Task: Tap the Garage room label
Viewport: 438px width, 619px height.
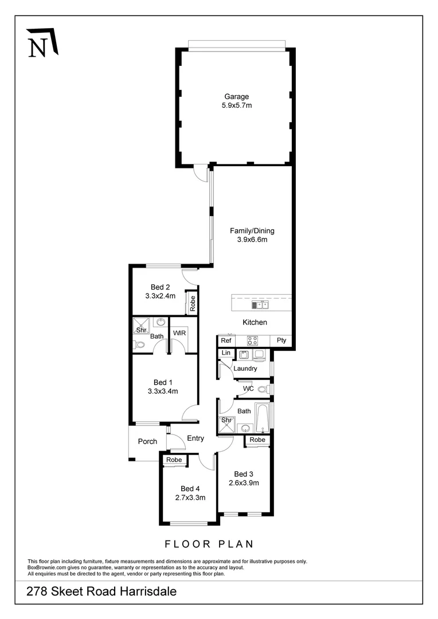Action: tap(236, 97)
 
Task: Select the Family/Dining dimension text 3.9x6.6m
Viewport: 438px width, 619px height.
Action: tap(252, 240)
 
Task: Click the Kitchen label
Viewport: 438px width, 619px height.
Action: tap(255, 323)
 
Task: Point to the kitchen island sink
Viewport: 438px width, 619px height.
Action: tap(259, 304)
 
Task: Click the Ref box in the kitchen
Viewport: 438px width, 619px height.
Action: tap(226, 340)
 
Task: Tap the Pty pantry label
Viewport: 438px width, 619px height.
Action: tap(281, 340)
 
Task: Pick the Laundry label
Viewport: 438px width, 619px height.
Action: tap(245, 369)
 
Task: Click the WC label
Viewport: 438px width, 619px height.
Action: tap(248, 389)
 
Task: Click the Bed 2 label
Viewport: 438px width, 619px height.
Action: tap(161, 287)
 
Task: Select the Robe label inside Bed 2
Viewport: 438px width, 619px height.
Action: tap(193, 303)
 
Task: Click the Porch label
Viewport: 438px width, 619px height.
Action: tap(148, 441)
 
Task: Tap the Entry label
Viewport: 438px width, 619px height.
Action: tap(195, 438)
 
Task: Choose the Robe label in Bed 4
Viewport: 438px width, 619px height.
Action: tap(174, 460)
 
